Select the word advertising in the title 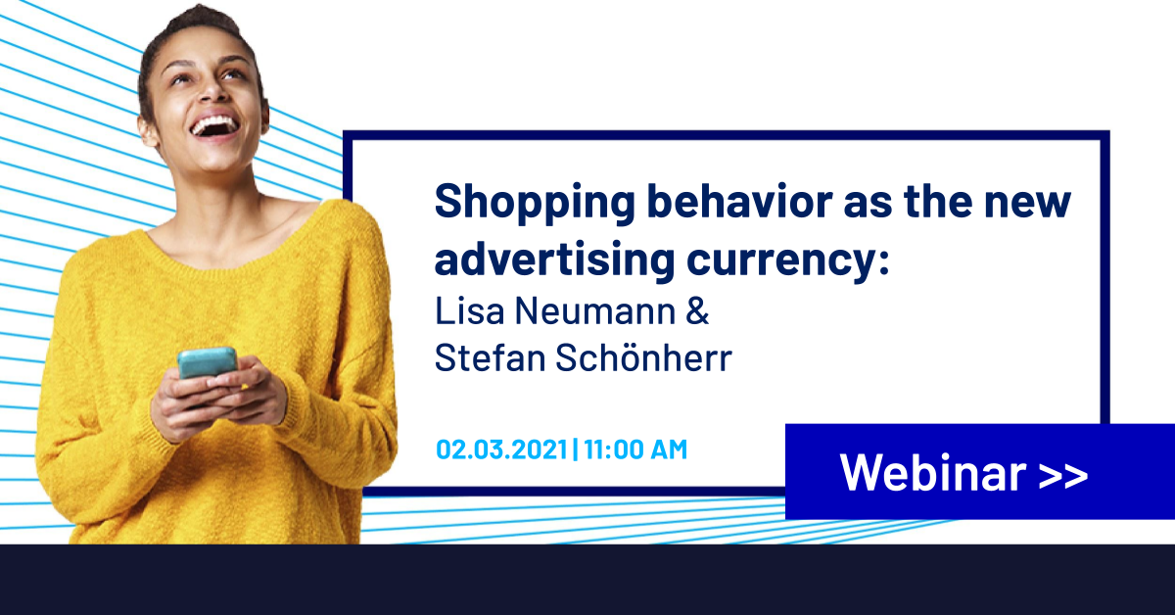click(554, 260)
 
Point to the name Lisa click(469, 310)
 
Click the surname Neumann click(595, 310)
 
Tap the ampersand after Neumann click(697, 310)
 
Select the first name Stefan click(491, 357)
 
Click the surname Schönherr click(643, 357)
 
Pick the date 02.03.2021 click(501, 449)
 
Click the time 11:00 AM click(635, 449)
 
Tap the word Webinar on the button click(933, 473)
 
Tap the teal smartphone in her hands click(208, 362)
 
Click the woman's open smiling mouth click(215, 126)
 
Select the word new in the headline click(1027, 203)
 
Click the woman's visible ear click(148, 131)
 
